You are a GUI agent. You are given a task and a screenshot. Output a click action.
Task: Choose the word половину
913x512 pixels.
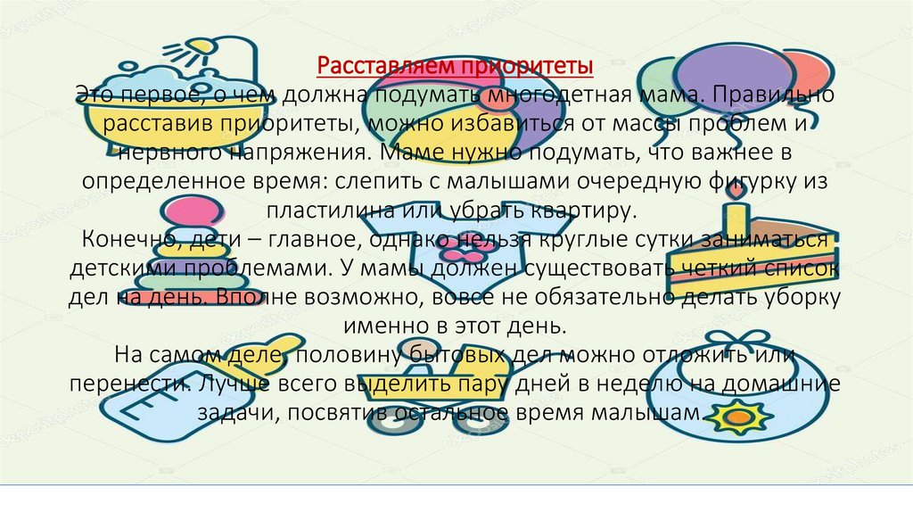(x=346, y=356)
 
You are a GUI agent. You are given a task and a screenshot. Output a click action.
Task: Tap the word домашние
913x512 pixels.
(x=783, y=385)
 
